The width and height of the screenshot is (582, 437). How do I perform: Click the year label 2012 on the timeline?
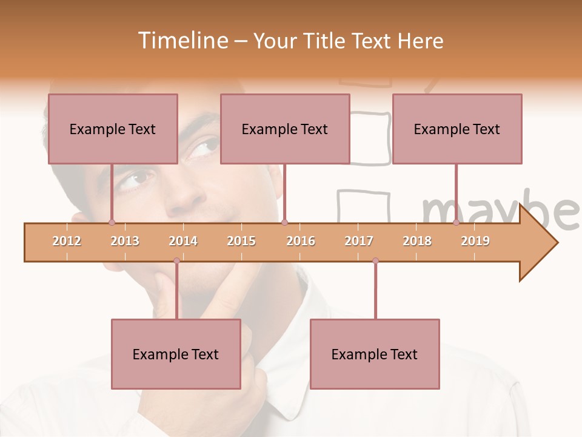pos(67,241)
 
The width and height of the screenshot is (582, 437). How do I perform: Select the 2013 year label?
pos(125,241)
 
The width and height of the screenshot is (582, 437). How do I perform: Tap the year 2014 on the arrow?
pos(183,241)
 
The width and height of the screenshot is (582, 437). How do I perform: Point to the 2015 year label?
pos(241,241)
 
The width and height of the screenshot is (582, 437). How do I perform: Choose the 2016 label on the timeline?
pos(301,241)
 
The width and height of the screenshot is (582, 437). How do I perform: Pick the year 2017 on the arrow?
pos(359,241)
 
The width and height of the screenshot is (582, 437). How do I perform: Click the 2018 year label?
pos(417,241)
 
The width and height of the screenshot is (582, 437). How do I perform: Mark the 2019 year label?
pos(475,241)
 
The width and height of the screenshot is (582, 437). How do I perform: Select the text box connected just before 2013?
pos(113,129)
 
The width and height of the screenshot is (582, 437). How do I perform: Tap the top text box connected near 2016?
pos(285,129)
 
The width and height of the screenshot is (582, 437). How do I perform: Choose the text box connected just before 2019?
pos(457,129)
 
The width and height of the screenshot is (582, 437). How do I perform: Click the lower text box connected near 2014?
pos(176,354)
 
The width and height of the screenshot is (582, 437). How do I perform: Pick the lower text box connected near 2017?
pos(375,354)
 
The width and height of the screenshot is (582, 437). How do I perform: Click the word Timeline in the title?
pos(181,41)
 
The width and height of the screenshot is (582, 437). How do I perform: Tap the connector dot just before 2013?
pos(112,223)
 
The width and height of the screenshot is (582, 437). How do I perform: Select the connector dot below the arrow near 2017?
pos(375,261)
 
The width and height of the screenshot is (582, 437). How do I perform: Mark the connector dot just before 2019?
pos(456,223)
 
